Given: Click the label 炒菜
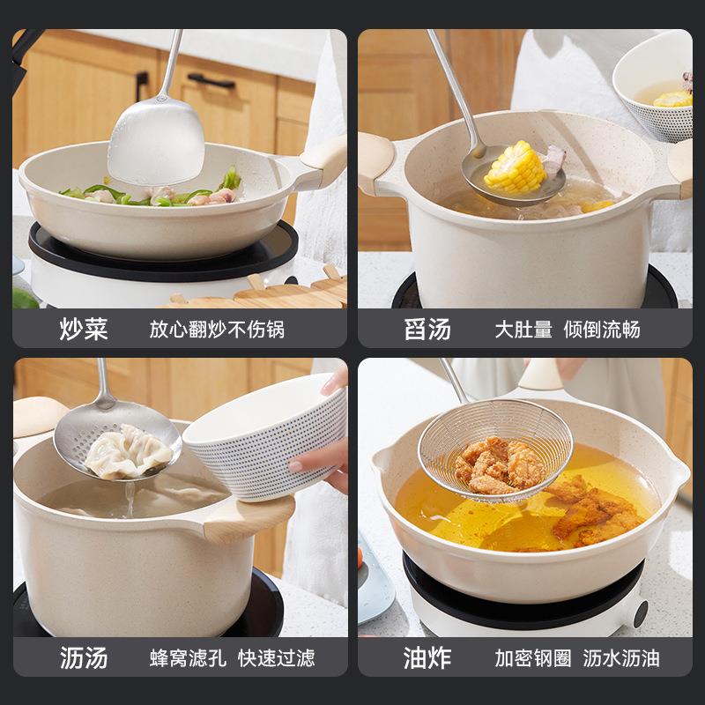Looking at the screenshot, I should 84,330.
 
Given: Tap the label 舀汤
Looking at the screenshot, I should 427,330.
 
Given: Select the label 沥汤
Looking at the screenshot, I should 84,657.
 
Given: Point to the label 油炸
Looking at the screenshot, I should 427,657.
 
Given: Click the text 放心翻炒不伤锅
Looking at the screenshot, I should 217,330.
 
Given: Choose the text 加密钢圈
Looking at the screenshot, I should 531,657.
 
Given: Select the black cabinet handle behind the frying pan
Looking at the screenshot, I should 210,80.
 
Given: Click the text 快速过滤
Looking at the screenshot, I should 276,657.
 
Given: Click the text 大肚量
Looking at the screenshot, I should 523,330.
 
